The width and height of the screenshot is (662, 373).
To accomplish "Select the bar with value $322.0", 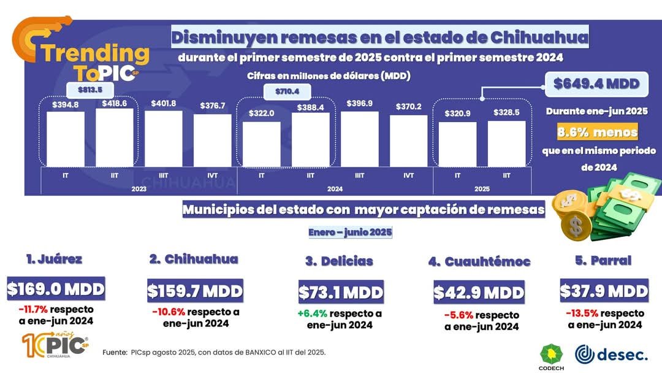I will pos(262,144).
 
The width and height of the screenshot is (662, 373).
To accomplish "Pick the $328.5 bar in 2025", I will pos(506,143).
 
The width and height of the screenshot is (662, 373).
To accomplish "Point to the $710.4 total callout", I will pos(287,92).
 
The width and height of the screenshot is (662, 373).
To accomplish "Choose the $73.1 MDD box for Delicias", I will pos(341,292).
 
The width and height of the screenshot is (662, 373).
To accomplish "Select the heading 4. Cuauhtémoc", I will pos(479,261).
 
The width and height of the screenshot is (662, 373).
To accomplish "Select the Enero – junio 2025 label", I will pos(350,233).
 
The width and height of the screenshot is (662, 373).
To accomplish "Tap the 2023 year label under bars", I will pos(139,189).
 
